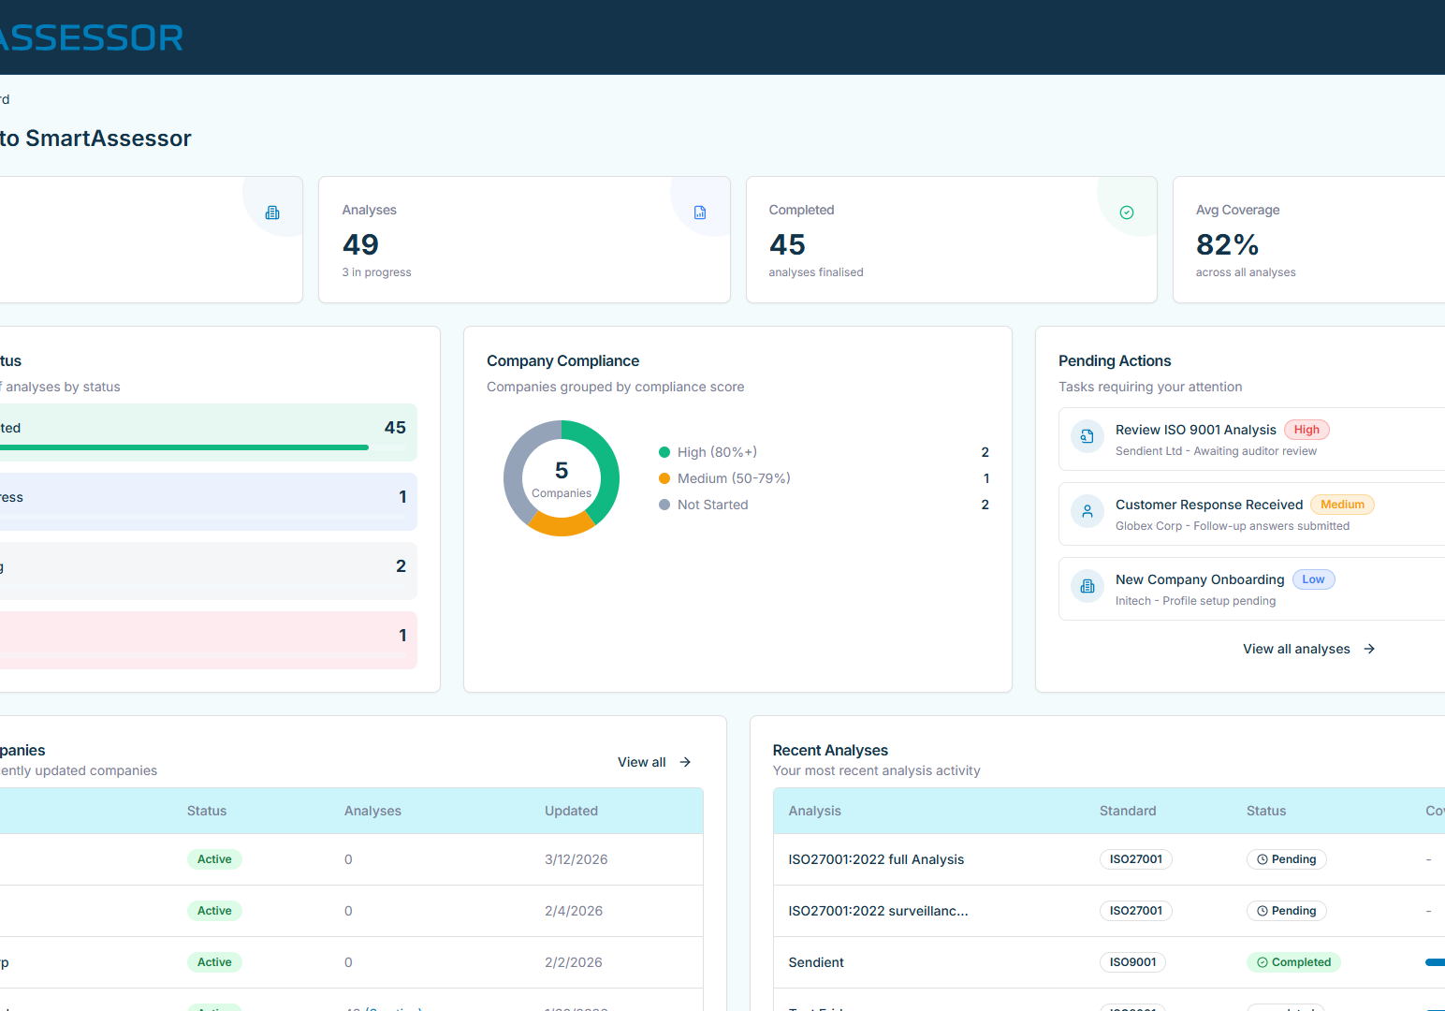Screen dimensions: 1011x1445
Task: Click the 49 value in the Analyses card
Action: pyautogui.click(x=360, y=244)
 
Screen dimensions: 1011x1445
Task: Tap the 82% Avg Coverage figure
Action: pyautogui.click(x=1227, y=244)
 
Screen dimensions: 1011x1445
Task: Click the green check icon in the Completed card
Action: pyautogui.click(x=1127, y=212)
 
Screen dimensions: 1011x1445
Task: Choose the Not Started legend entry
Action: pyautogui.click(x=712, y=505)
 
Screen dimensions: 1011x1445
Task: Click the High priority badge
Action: pyautogui.click(x=1306, y=430)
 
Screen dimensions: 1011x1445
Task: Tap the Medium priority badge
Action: pyautogui.click(x=1342, y=505)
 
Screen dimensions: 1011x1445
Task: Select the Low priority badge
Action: pyautogui.click(x=1313, y=579)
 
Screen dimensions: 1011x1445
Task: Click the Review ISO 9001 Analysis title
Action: pyautogui.click(x=1195, y=430)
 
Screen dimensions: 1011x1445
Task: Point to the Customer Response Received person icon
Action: pyautogui.click(x=1087, y=512)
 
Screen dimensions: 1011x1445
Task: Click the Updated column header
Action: pyautogui.click(x=571, y=811)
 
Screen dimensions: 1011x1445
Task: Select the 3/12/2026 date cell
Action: pyautogui.click(x=576, y=859)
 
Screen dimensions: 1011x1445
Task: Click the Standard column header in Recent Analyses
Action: pyautogui.click(x=1127, y=811)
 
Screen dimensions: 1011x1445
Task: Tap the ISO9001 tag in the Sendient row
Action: pyautogui.click(x=1132, y=962)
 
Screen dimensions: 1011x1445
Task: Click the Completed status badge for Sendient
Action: pyautogui.click(x=1293, y=962)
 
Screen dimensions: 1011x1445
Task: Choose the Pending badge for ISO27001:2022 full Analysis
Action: pyautogui.click(x=1286, y=859)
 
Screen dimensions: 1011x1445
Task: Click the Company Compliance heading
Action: pyautogui.click(x=562, y=361)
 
